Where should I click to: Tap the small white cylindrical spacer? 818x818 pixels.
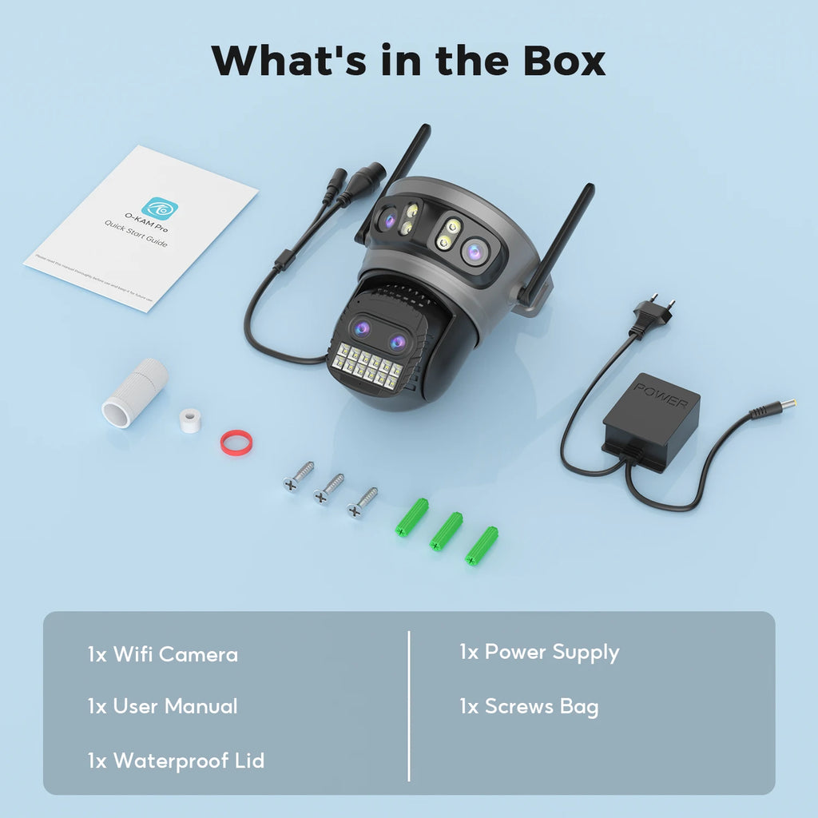point(190,420)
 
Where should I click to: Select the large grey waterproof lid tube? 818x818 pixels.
point(134,393)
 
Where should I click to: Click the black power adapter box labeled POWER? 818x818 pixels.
point(650,422)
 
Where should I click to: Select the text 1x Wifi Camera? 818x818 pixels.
point(163,655)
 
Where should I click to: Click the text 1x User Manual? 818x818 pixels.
point(163,706)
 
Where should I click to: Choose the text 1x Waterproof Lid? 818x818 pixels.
point(176,760)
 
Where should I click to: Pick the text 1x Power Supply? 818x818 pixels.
point(539,653)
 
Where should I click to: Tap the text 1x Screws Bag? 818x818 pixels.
point(529,706)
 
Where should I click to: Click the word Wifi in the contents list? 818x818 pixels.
point(133,655)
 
